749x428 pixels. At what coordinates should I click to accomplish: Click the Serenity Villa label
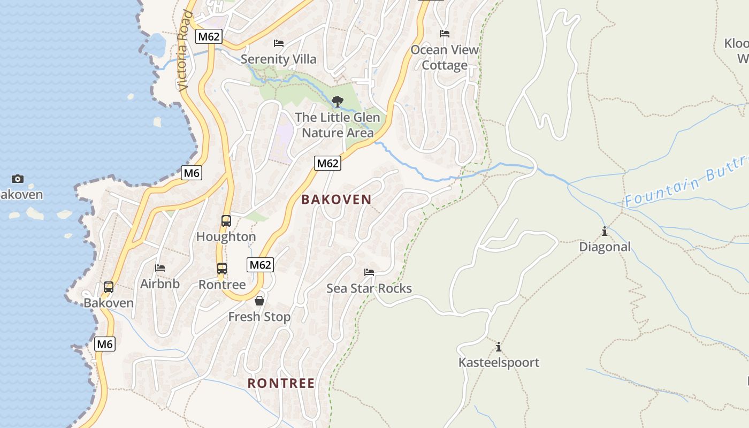click(278, 59)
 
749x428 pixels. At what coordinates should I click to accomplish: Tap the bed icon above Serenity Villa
click(279, 43)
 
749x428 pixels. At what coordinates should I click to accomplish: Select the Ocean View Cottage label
click(445, 57)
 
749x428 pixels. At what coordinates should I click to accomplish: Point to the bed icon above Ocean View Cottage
click(445, 34)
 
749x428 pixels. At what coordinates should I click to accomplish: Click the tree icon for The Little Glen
click(337, 101)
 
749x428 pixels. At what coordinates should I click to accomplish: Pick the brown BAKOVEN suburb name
click(336, 200)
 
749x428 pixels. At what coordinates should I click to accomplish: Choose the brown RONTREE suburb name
click(281, 383)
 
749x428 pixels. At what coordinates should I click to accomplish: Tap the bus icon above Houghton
click(226, 220)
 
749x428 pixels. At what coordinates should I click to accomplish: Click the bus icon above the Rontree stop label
click(222, 269)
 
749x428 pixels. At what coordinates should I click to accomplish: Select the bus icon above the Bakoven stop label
click(109, 287)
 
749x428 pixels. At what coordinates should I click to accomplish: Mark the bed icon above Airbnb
click(160, 267)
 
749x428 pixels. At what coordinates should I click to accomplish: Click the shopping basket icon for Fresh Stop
click(259, 301)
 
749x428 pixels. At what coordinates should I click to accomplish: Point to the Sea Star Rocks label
click(369, 288)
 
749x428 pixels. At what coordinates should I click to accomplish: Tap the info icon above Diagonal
click(605, 231)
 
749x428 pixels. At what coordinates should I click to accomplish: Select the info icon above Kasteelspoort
click(499, 347)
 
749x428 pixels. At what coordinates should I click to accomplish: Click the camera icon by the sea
click(18, 179)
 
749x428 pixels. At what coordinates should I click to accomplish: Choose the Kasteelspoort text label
click(499, 363)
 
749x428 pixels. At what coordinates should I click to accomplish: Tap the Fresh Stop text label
click(259, 317)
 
